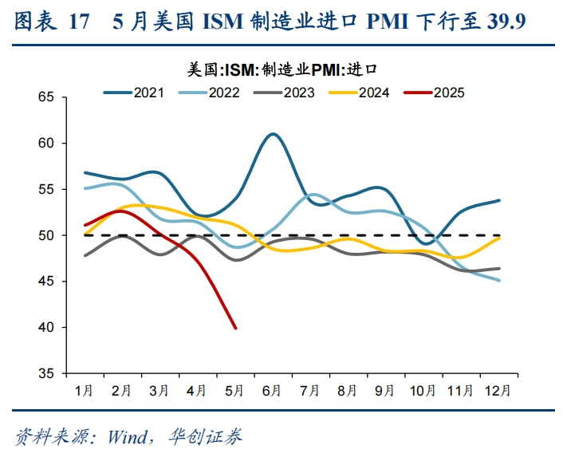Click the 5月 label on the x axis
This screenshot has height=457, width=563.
tap(235, 391)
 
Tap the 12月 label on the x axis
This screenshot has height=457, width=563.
tap(498, 391)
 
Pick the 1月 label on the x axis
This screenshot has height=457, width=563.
tap(85, 391)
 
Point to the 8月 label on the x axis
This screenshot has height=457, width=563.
tap(348, 391)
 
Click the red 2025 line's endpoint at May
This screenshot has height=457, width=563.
tap(235, 328)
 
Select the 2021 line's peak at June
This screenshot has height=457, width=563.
tap(272, 134)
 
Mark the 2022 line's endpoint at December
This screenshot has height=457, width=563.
tap(499, 280)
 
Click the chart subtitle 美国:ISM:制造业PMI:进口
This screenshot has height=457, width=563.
tap(281, 70)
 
